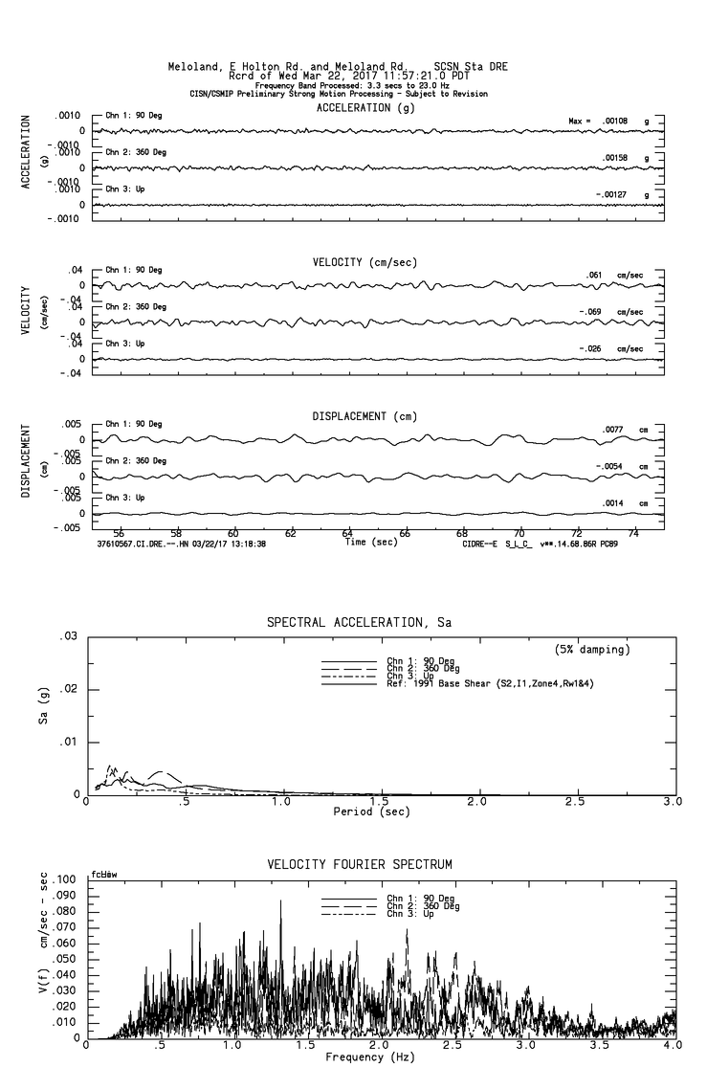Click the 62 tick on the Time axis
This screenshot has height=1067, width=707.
tap(291, 534)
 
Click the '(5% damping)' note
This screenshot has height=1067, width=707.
tap(592, 650)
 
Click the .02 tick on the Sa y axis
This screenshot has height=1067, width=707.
tap(69, 690)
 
